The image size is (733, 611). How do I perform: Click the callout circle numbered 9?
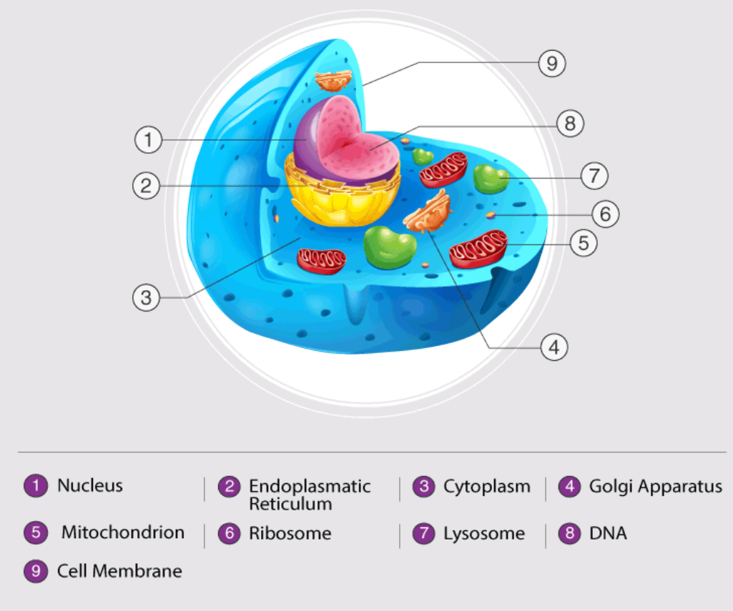coord(551,64)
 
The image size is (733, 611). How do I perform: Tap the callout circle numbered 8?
coord(570,124)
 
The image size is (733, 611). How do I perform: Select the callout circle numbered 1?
coord(148,139)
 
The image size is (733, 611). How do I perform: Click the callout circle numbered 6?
coord(605,213)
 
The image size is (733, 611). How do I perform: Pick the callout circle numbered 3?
coord(146,297)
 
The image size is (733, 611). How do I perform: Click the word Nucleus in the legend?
coord(90,486)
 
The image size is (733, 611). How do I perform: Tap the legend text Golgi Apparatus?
coord(655,487)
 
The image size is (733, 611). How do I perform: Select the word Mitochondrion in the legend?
coord(122,532)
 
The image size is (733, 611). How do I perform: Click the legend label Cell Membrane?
coord(119,571)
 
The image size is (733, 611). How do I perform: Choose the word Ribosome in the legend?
coord(290,533)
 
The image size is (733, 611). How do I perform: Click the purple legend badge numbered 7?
coord(424,534)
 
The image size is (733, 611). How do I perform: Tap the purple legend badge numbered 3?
coord(424,487)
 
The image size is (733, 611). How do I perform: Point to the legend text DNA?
coord(608,533)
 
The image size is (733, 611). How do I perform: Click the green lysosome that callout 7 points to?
coord(491,179)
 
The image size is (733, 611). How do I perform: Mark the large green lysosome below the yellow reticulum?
coord(390,247)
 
